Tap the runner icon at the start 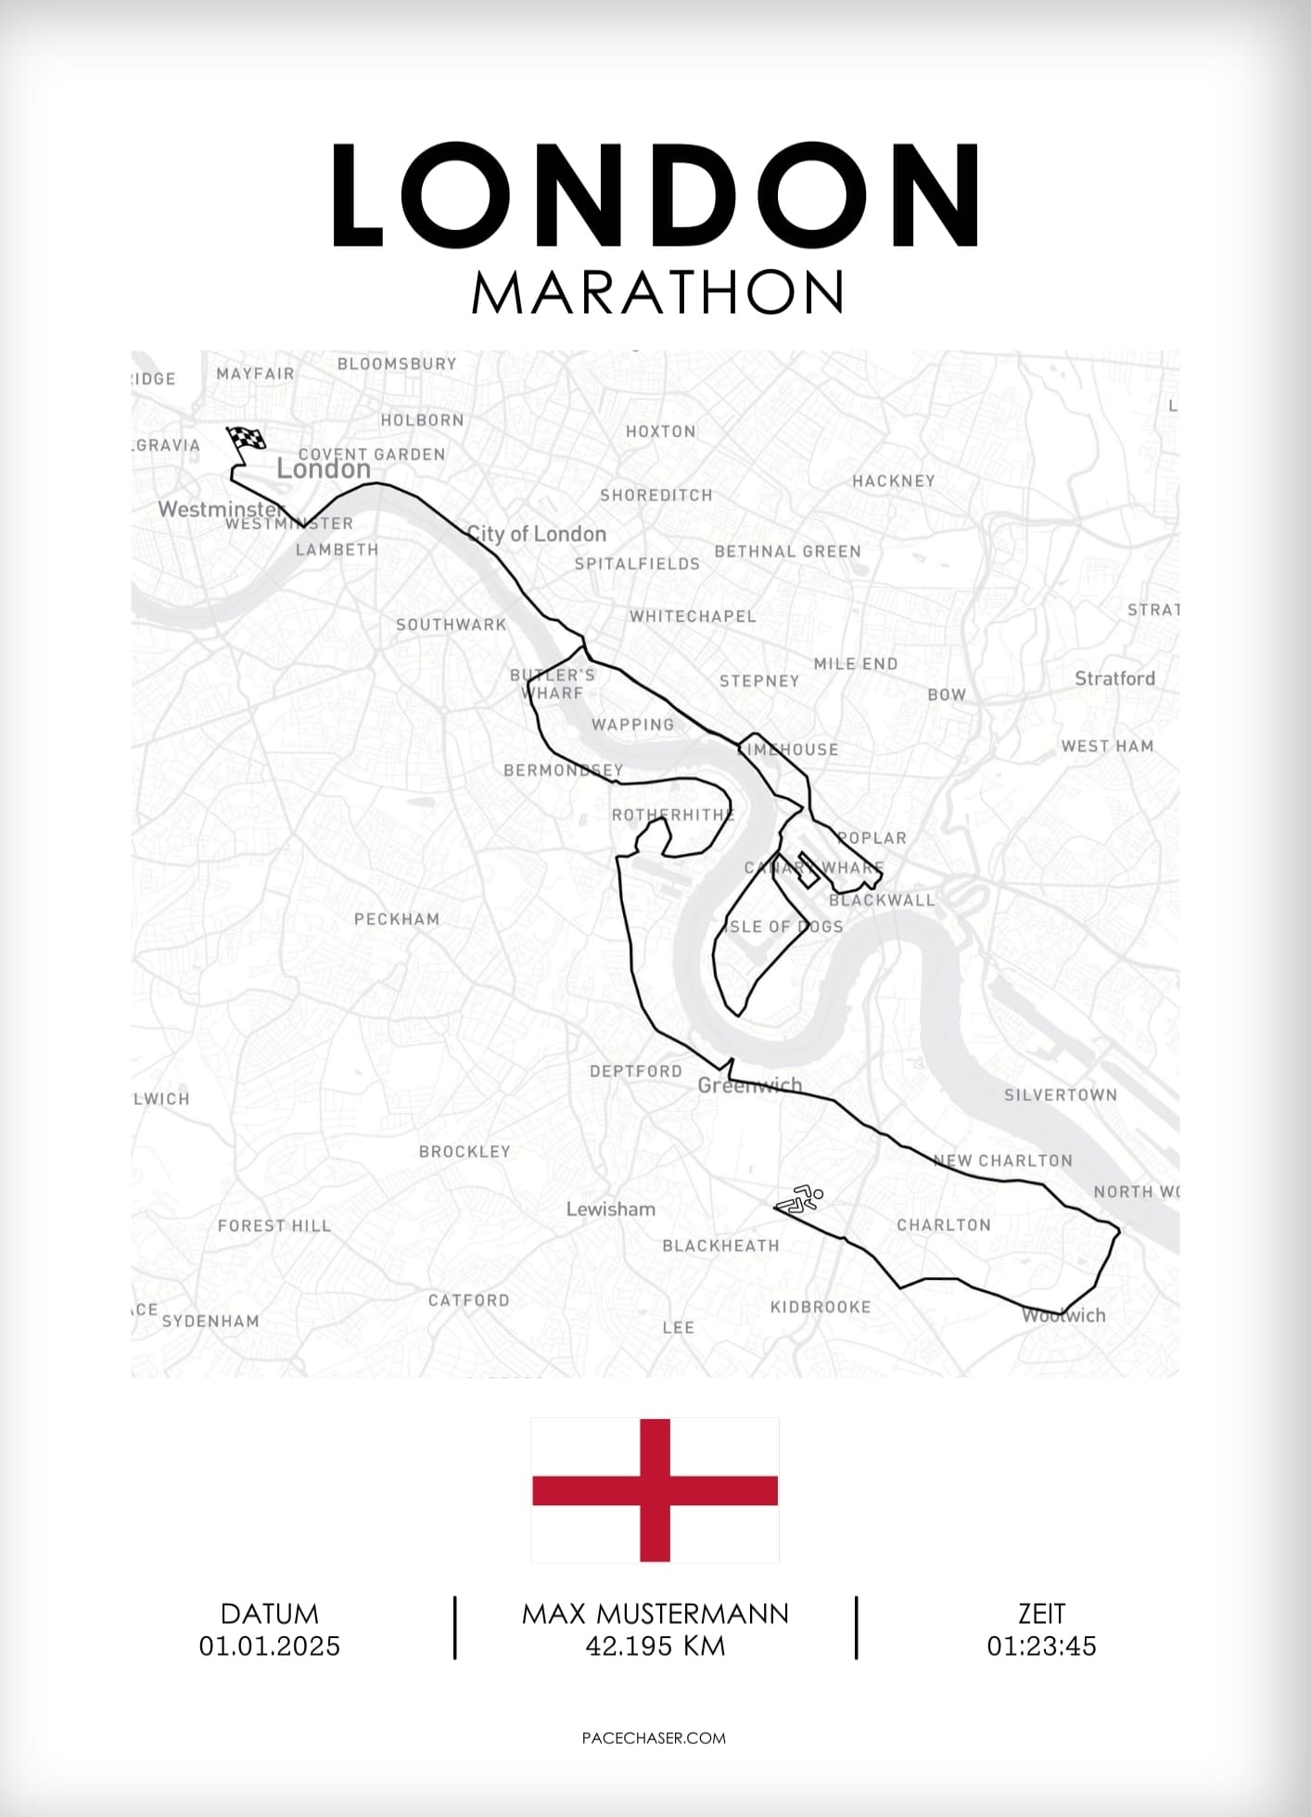coord(801,1198)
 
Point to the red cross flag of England coord(655,1490)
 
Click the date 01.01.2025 coord(270,1646)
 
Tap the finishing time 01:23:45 coord(1041,1646)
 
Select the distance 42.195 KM coord(655,1646)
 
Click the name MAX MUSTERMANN coord(655,1614)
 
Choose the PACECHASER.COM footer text coord(654,1737)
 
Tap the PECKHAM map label coord(397,919)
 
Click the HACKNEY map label coord(894,480)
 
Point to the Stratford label coord(1114,678)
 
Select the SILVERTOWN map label coord(1061,1094)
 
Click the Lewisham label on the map coord(611,1209)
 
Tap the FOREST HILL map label coord(274,1225)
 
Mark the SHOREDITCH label coord(656,495)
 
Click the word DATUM coord(270,1614)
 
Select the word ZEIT coord(1041,1614)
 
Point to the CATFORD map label coord(469,1300)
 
